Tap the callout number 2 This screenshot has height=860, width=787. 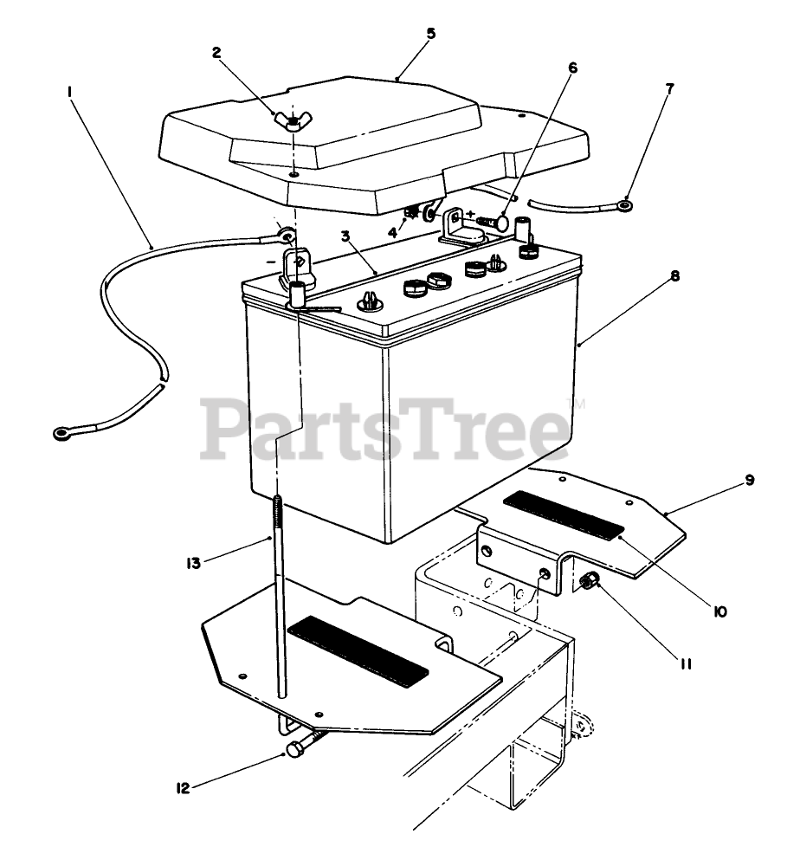coord(217,52)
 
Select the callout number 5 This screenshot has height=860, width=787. coord(431,34)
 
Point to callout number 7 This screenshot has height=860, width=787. coord(669,88)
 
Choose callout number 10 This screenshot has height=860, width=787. coord(719,612)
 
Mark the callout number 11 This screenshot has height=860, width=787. coord(685,664)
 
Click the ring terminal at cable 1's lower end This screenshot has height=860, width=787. coord(63,430)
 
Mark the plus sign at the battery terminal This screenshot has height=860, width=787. coord(471,212)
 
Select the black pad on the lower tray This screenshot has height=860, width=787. coord(358,648)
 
